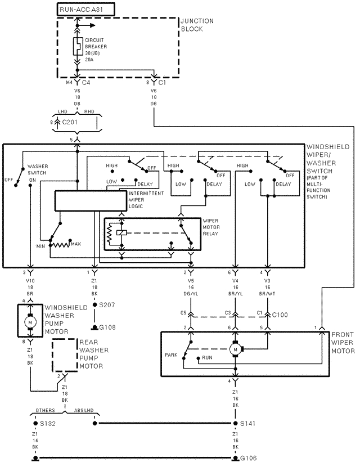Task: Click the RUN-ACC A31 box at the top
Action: (x=86, y=10)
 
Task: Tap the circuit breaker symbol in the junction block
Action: (x=78, y=46)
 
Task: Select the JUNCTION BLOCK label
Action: (x=197, y=25)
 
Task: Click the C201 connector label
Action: (x=70, y=122)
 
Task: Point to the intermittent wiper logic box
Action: (x=91, y=201)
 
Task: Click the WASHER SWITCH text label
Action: (x=38, y=169)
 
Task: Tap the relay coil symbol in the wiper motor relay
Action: (x=121, y=232)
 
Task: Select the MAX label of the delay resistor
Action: (x=76, y=244)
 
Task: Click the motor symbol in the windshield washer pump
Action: (x=30, y=322)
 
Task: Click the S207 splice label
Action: (x=107, y=305)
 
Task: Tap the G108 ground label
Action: (x=107, y=327)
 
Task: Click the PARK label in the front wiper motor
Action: (x=171, y=355)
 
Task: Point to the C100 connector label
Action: (x=280, y=315)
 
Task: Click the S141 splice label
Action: (x=247, y=424)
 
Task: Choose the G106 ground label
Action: (x=248, y=458)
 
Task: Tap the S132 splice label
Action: (x=48, y=424)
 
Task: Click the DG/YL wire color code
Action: (x=191, y=294)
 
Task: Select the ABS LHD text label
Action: (x=84, y=410)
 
